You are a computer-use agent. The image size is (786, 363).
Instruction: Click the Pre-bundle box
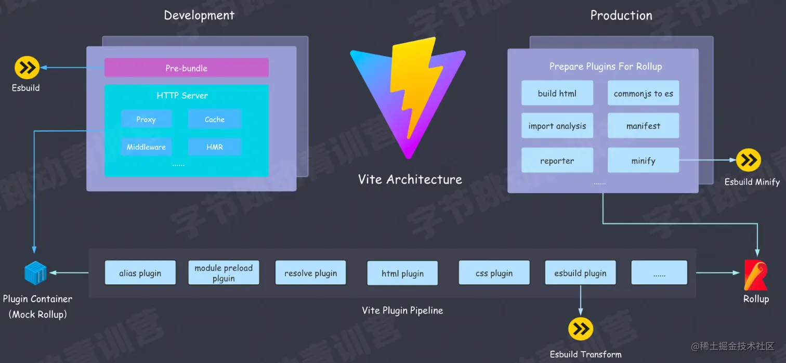click(186, 68)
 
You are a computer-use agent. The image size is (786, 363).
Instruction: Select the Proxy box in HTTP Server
click(146, 119)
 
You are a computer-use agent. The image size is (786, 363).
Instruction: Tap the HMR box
click(214, 147)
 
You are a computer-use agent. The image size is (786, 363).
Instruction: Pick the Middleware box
click(146, 147)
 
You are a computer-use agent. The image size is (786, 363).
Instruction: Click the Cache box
click(214, 119)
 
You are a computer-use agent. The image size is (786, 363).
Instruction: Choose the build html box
click(557, 94)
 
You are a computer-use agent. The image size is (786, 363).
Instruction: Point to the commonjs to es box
click(643, 94)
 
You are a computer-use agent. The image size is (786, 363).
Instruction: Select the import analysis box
click(557, 126)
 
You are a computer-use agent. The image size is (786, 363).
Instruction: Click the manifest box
click(643, 126)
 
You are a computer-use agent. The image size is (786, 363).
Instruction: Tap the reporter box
click(557, 161)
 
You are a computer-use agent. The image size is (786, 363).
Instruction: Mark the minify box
click(643, 161)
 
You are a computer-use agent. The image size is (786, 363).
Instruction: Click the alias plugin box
click(140, 273)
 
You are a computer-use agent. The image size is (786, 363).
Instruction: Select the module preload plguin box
click(224, 273)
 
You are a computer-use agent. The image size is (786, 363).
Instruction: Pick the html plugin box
click(402, 273)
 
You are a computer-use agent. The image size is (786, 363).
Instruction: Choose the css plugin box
click(494, 273)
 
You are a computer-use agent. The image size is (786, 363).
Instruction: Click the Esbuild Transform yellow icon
click(581, 329)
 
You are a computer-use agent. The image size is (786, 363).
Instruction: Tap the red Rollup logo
click(755, 275)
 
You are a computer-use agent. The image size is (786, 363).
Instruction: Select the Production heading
click(621, 16)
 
